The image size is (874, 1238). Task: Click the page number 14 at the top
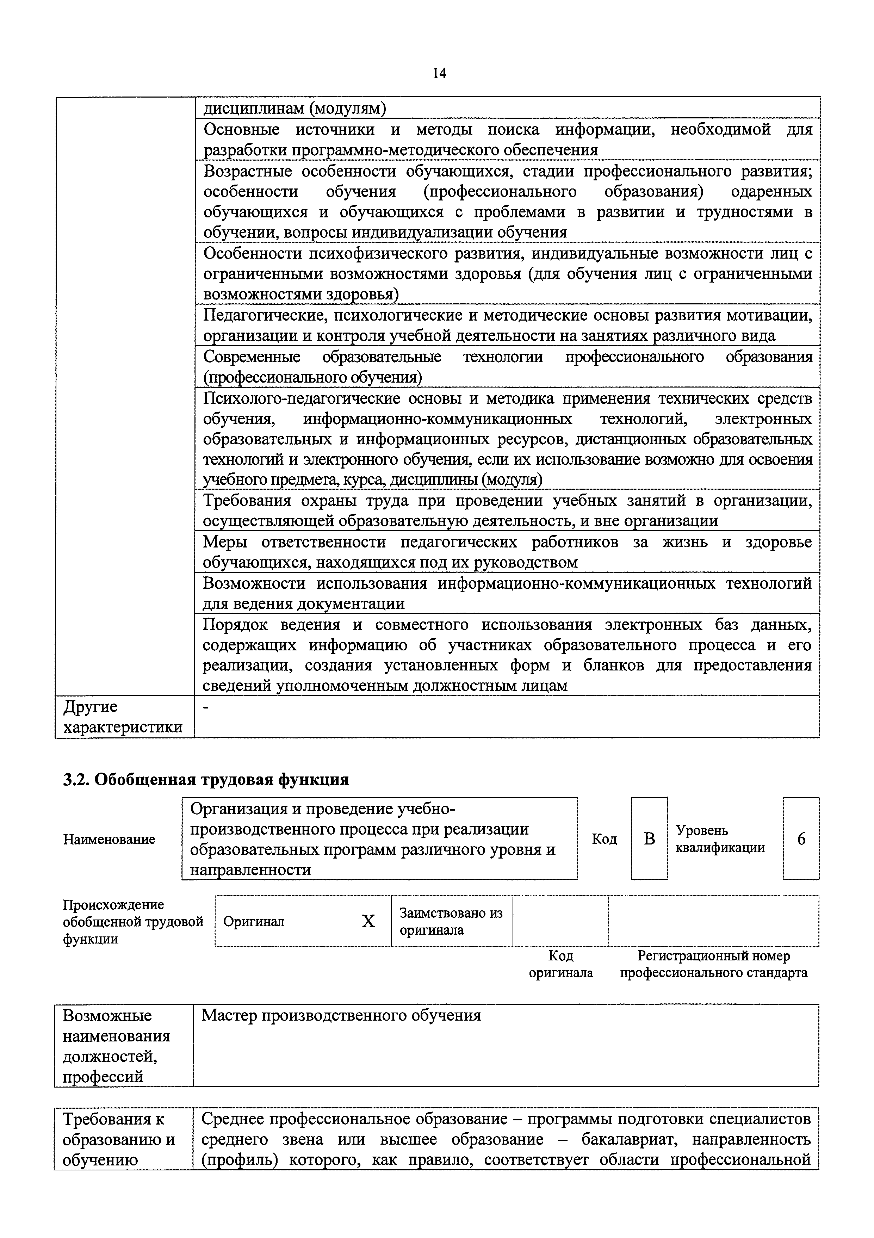[439, 73]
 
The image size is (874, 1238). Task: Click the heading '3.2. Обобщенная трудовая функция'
[206, 780]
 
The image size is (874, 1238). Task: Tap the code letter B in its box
[649, 839]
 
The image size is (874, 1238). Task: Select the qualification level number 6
[801, 839]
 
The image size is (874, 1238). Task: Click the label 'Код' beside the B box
[604, 839]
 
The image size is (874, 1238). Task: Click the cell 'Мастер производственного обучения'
[341, 1016]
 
